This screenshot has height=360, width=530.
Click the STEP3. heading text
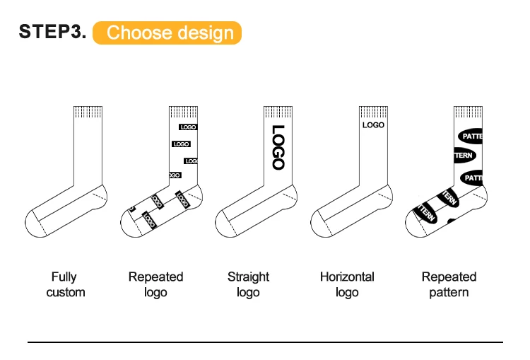[53, 32]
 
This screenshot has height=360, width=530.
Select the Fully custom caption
[65, 284]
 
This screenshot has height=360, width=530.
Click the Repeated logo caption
[155, 284]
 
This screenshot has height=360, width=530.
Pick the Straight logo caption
[248, 284]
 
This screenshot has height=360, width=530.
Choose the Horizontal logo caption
[347, 284]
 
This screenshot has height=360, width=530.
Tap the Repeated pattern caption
[449, 284]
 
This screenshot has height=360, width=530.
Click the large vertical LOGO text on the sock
[278, 148]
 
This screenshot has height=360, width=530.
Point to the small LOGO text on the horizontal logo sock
[373, 125]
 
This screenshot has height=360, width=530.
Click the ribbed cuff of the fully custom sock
[88, 112]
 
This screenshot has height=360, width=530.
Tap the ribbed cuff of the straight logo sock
[278, 112]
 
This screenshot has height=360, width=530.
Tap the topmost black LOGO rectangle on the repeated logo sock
[187, 127]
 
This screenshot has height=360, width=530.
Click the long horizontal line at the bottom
[265, 342]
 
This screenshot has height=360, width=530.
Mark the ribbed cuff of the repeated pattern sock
[468, 112]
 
